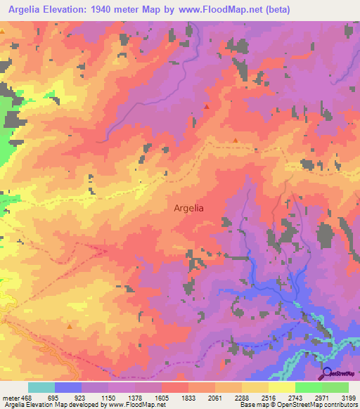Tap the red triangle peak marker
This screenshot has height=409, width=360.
207,106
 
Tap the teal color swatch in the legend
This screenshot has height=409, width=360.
41,387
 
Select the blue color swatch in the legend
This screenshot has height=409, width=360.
68,387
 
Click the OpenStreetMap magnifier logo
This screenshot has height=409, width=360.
326,372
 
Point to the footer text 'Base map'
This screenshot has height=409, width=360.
252,405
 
